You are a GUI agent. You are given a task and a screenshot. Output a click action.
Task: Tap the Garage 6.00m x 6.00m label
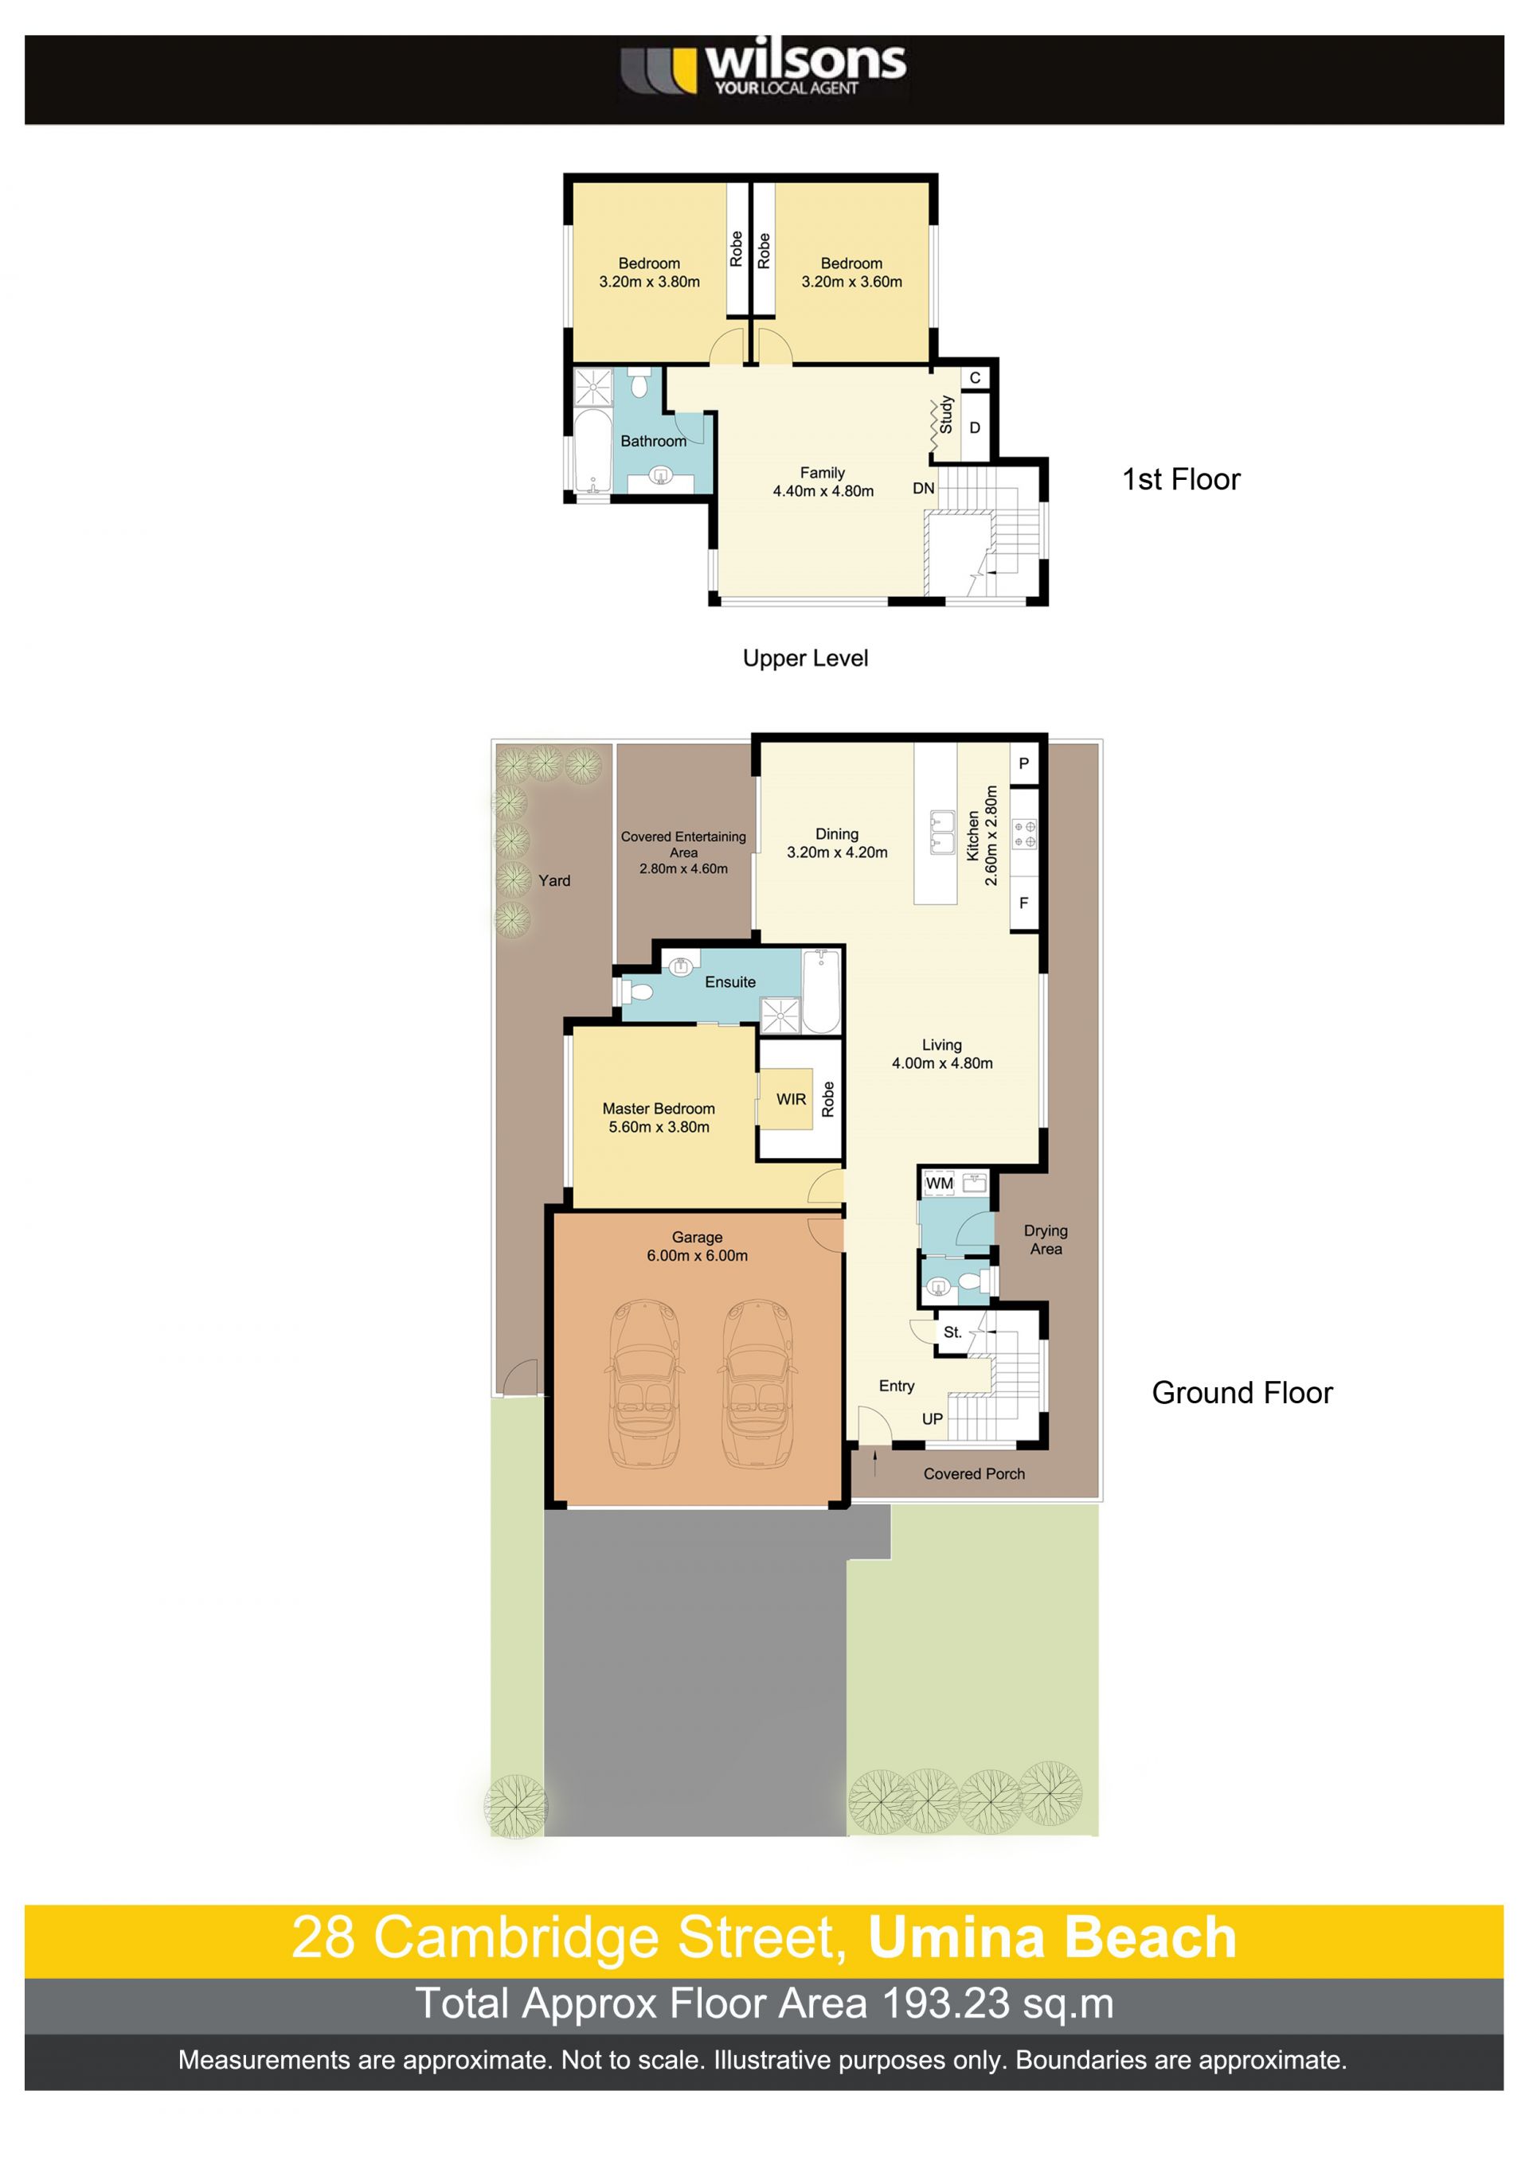click(x=697, y=1246)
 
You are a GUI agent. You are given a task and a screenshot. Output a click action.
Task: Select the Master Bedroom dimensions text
click(x=659, y=1126)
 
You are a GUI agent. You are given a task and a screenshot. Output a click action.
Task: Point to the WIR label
click(x=791, y=1099)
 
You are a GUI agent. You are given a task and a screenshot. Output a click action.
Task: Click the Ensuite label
click(x=729, y=981)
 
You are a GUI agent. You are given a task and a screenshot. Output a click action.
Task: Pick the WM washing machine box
click(x=940, y=1183)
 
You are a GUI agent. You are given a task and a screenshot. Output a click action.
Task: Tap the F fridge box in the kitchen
click(x=1023, y=903)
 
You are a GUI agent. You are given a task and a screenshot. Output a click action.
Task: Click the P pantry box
click(x=1023, y=763)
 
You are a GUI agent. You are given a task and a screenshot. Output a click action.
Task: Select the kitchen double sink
click(x=942, y=832)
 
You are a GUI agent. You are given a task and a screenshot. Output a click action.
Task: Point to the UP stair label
click(x=932, y=1418)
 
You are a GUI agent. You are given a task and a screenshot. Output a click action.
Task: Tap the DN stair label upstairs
click(x=924, y=488)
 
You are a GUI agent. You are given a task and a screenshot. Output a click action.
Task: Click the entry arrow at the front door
click(x=876, y=1461)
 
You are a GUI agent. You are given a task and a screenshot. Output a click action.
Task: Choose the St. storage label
click(x=952, y=1332)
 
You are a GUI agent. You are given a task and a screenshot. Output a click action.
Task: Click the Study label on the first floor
click(x=947, y=414)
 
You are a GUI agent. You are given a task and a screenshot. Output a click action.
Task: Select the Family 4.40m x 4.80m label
click(x=823, y=482)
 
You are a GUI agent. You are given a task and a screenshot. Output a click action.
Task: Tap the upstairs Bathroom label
click(x=653, y=440)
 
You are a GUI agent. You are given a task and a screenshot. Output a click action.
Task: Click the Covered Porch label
click(x=973, y=1474)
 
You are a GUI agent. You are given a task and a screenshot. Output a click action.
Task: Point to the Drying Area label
click(x=1045, y=1239)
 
